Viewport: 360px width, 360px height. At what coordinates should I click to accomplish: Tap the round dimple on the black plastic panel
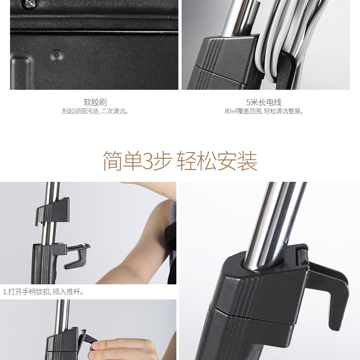pos(57,55)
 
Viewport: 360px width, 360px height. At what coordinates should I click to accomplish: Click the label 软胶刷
pos(95,102)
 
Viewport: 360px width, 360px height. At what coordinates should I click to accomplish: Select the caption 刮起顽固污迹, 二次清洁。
pos(95,111)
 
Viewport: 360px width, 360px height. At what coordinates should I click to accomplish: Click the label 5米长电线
pos(264,102)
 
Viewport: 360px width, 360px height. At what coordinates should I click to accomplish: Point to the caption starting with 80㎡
pos(264,111)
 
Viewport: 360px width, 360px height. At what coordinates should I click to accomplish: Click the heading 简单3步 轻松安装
pos(180,161)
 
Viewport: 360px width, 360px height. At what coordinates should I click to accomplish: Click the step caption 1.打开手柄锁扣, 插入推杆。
pos(43,292)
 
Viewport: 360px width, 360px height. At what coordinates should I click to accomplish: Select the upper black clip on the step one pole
pos(52,211)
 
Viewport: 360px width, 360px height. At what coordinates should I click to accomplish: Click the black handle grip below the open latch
pos(44,264)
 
